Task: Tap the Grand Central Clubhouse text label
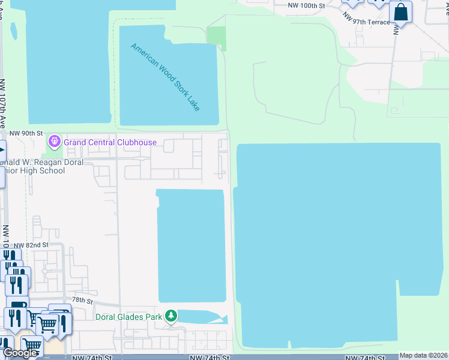(110, 142)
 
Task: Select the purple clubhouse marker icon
(55, 142)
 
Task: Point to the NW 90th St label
(27, 133)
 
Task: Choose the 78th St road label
(83, 300)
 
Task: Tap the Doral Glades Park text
(129, 316)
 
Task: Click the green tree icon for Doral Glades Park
(171, 316)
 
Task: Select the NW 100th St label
(306, 5)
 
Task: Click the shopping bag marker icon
(400, 12)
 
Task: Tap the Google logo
(19, 353)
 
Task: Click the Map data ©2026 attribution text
(423, 355)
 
